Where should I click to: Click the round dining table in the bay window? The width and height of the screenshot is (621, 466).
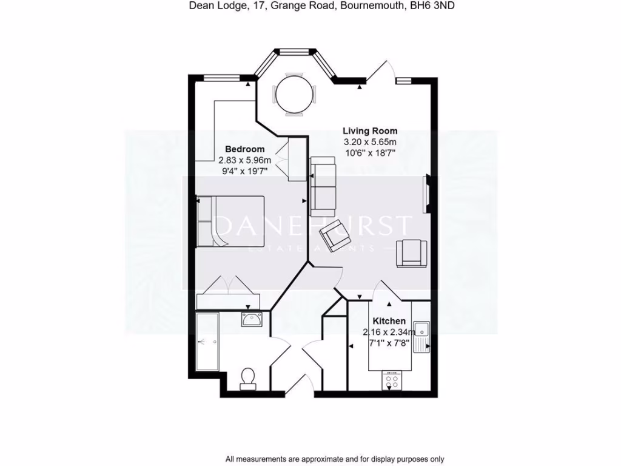click(295, 95)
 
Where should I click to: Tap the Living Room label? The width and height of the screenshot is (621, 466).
click(370, 130)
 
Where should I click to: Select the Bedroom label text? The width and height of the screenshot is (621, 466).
click(244, 149)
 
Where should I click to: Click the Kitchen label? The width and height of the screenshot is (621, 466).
click(389, 321)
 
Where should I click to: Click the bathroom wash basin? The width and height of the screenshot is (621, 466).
click(250, 319)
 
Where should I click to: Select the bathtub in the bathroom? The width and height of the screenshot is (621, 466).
click(207, 343)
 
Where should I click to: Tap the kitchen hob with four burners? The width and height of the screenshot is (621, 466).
click(391, 382)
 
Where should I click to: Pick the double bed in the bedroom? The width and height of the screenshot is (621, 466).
click(230, 221)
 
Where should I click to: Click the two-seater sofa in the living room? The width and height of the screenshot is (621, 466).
click(323, 186)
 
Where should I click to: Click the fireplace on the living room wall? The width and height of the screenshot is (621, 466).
click(427, 194)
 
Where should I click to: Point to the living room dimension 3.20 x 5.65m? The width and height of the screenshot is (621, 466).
click(370, 142)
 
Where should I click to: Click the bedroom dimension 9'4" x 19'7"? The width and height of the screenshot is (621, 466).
click(244, 172)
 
